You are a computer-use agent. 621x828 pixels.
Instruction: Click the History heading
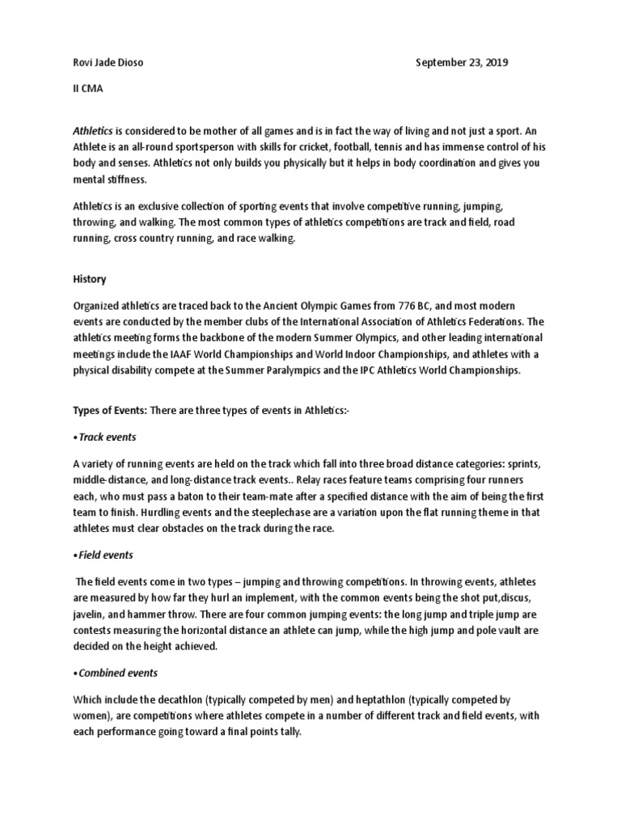(x=89, y=279)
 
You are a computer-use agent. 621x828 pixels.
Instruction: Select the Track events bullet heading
(x=105, y=437)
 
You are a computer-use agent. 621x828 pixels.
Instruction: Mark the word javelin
(x=90, y=613)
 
